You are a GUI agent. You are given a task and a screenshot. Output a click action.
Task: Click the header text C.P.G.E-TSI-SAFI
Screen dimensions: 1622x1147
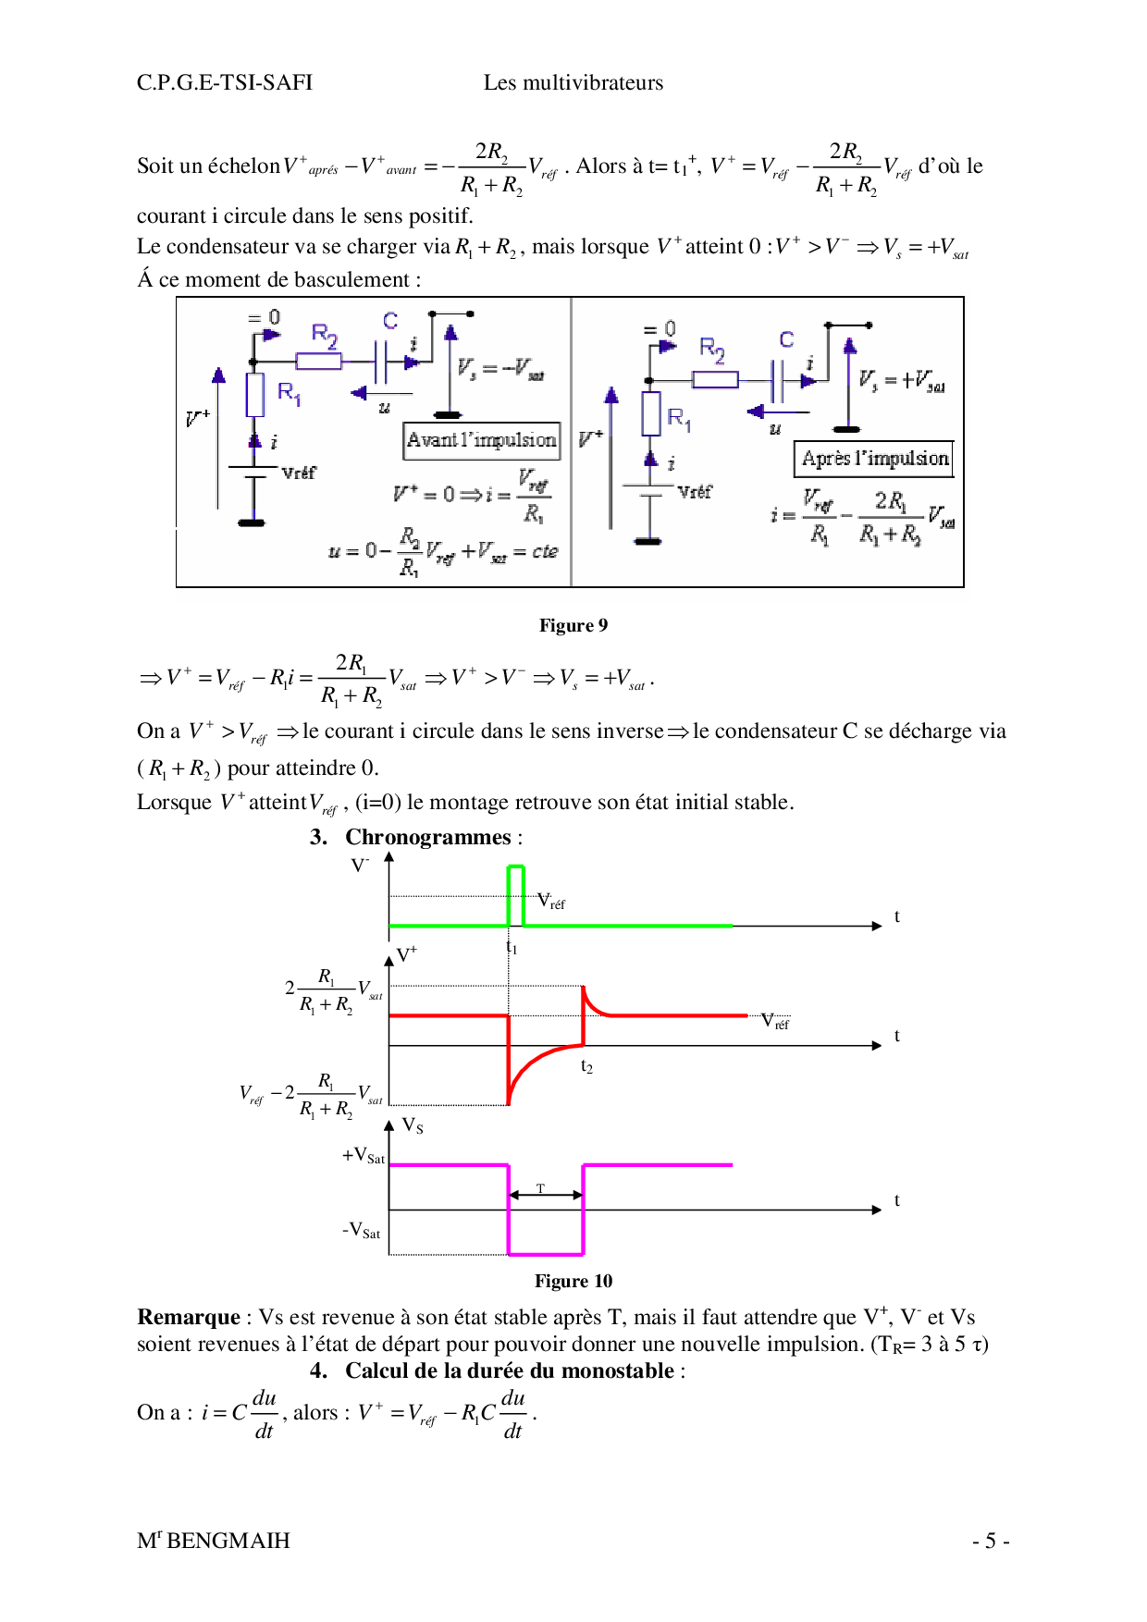click(x=225, y=83)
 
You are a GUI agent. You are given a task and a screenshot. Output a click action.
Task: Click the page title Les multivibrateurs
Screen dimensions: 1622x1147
click(x=573, y=83)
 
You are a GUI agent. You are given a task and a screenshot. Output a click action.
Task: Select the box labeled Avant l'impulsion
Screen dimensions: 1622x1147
click(x=482, y=440)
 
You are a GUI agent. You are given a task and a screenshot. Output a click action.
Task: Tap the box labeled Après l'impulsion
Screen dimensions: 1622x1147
click(x=874, y=459)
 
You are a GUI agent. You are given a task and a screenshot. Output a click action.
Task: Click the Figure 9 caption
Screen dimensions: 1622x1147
click(x=573, y=626)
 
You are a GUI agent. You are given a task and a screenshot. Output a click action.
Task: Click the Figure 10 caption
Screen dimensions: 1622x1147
click(x=573, y=1281)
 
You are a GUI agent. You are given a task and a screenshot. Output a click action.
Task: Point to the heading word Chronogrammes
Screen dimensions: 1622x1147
click(x=427, y=837)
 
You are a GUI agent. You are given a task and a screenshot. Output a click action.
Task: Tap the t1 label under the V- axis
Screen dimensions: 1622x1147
click(x=512, y=947)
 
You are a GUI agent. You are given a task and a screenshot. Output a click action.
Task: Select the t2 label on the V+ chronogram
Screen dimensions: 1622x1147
click(x=586, y=1066)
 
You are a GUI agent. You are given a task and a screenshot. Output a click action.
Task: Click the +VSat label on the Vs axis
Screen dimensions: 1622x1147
click(x=364, y=1155)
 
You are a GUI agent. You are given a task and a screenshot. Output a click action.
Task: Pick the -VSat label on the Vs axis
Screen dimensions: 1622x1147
click(x=362, y=1231)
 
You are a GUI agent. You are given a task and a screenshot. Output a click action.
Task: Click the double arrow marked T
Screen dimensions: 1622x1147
click(x=546, y=1195)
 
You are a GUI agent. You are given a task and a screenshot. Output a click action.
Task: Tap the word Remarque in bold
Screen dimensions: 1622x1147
click(x=189, y=1317)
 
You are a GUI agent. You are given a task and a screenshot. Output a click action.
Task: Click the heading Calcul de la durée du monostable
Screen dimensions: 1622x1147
click(x=510, y=1370)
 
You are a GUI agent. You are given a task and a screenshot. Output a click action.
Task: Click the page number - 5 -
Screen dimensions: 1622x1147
click(x=991, y=1541)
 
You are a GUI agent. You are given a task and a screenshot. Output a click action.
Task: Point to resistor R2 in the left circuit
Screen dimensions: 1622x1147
click(x=319, y=361)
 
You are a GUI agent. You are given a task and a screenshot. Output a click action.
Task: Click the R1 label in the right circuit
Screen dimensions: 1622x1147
click(x=679, y=418)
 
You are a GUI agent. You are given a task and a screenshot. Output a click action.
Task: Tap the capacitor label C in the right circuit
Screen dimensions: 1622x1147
click(x=786, y=339)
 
